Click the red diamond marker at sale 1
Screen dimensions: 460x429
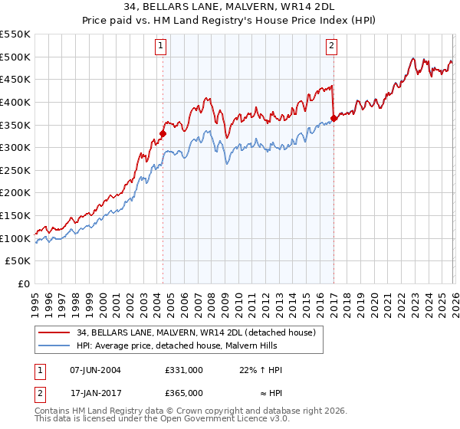click(x=163, y=134)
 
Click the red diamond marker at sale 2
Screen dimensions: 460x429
click(x=333, y=119)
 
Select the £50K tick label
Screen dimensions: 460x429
click(x=18, y=261)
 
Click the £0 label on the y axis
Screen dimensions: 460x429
click(x=24, y=284)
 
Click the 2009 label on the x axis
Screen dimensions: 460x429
click(x=225, y=305)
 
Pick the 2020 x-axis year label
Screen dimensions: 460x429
click(x=374, y=305)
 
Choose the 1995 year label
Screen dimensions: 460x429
click(x=35, y=305)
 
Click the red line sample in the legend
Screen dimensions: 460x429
click(x=54, y=332)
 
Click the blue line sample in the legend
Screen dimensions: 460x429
click(x=54, y=345)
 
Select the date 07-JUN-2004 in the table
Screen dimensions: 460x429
click(x=95, y=370)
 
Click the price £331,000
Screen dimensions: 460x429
click(x=184, y=370)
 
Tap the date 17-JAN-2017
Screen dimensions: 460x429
click(x=96, y=393)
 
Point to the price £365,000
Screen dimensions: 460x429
click(x=184, y=393)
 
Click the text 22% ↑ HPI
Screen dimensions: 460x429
click(x=261, y=370)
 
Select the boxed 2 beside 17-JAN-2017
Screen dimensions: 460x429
click(x=40, y=395)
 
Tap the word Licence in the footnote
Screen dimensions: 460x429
click(x=253, y=418)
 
